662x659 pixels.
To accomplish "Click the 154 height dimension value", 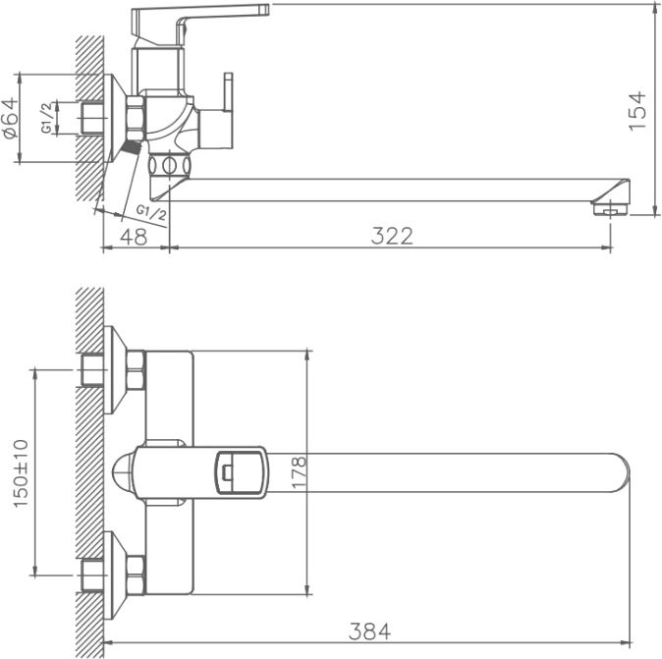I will [637, 110].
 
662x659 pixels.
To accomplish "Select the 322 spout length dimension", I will [392, 236].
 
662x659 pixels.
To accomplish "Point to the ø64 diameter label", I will [11, 119].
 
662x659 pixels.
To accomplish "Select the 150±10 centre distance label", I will [22, 472].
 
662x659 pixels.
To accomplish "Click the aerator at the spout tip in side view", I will [610, 206].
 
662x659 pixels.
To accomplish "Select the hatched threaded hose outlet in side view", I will [128, 146].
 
